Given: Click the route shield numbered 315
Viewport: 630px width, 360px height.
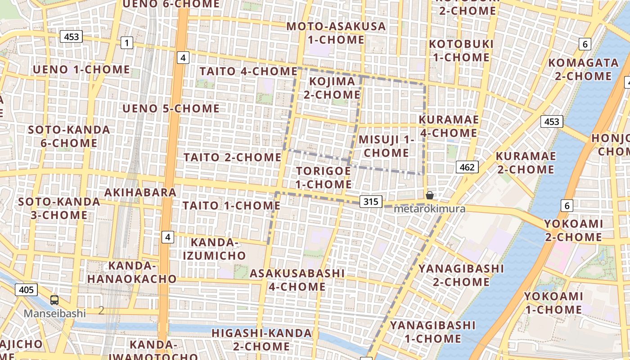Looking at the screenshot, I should [x=371, y=202].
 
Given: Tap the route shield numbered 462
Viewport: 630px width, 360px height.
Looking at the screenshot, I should [x=467, y=167].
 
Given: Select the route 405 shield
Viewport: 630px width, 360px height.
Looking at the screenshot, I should [x=26, y=290].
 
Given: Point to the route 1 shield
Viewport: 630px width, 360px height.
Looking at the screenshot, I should [x=127, y=43].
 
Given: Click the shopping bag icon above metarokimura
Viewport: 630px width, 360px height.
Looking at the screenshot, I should [x=430, y=195].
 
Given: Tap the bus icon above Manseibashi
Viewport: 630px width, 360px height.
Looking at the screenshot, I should [x=54, y=300].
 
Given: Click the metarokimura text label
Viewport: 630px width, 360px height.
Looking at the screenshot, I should [x=429, y=209].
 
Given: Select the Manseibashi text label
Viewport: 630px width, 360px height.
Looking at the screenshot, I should [x=54, y=313].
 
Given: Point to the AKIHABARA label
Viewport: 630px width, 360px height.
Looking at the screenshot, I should [x=140, y=193].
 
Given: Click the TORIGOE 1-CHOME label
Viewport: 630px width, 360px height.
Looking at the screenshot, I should [x=324, y=178].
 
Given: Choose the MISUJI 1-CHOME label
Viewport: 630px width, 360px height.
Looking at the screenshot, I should [x=386, y=146].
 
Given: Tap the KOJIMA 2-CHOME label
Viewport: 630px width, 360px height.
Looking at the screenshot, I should [x=332, y=88].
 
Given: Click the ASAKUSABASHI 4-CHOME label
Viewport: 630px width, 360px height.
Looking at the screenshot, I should [x=297, y=280].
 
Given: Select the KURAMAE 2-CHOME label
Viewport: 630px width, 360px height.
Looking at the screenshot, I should [x=526, y=163].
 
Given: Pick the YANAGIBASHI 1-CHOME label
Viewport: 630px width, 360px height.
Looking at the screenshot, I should [x=432, y=332].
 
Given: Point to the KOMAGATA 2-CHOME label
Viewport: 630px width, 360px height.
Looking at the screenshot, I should [x=583, y=69].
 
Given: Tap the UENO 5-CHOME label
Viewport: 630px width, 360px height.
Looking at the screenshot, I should [x=171, y=109].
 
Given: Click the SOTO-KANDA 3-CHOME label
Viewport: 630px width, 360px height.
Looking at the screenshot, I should [x=59, y=208].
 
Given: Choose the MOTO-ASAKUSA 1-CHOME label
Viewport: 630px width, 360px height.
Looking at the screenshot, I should [x=336, y=33].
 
